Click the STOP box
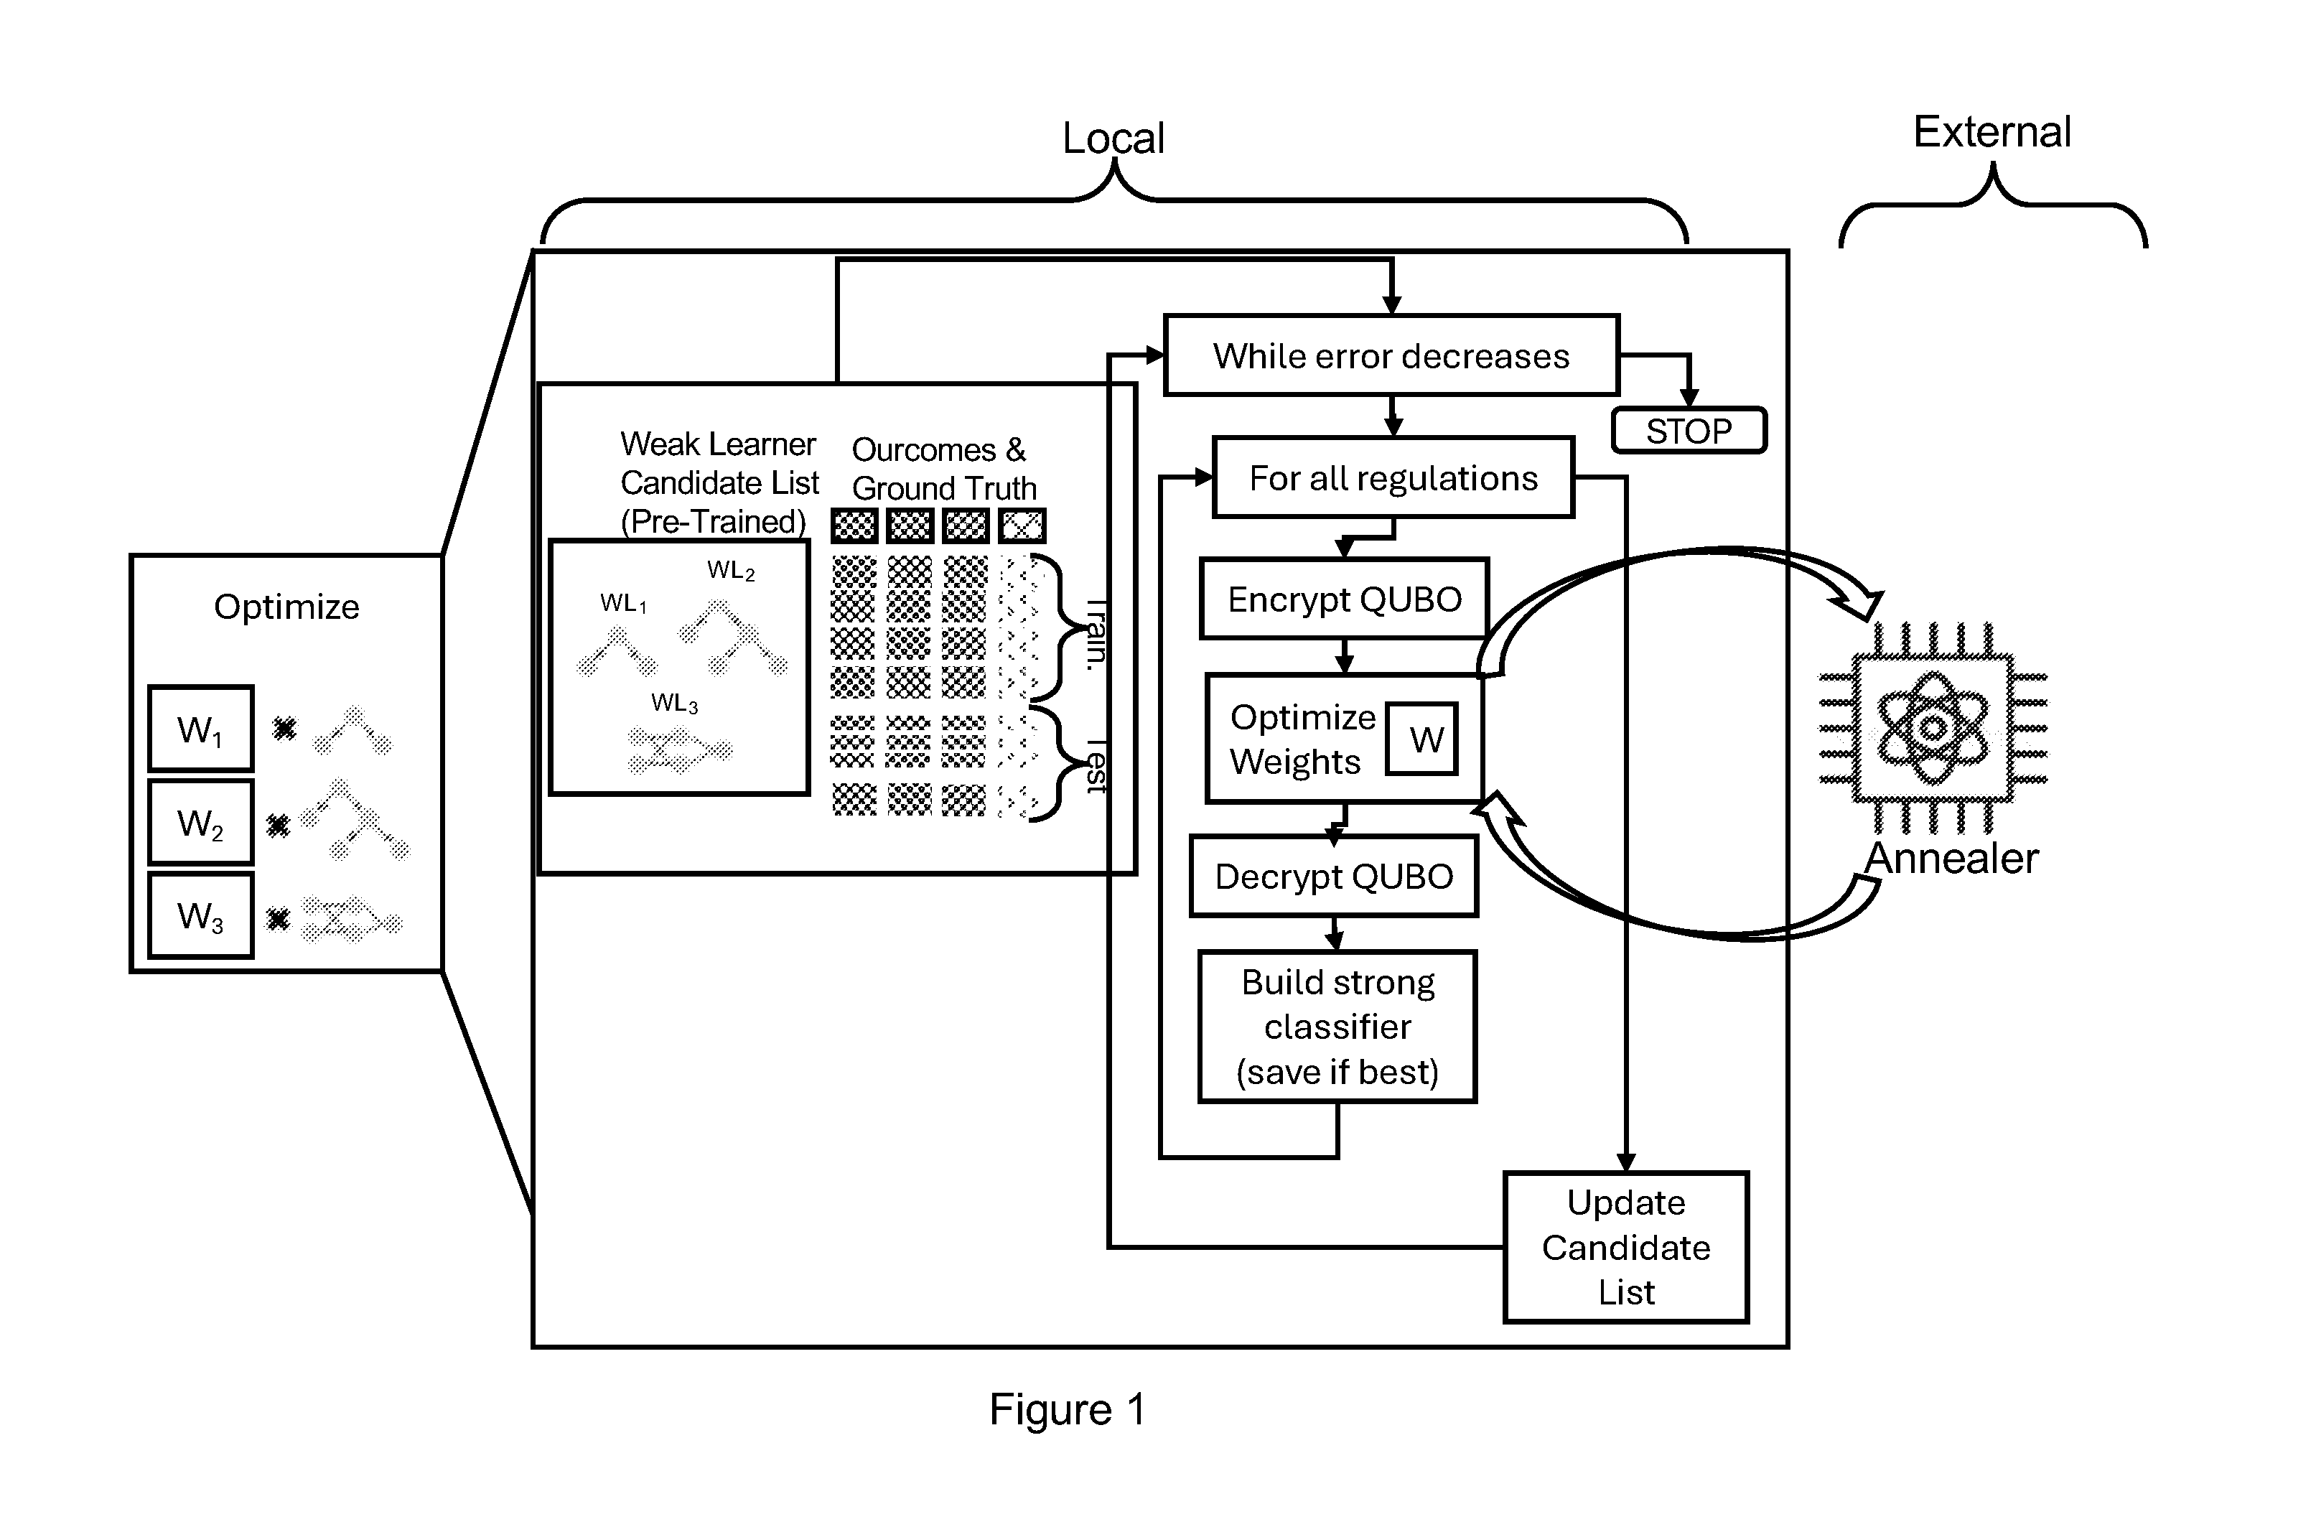[1689, 431]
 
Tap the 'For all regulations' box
[1393, 477]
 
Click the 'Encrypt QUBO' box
[1344, 599]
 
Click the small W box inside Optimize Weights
[1422, 739]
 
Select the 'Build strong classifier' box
[1338, 1027]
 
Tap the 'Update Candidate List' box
[1627, 1248]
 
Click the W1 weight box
[200, 729]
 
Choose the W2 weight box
[200, 822]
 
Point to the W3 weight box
[200, 915]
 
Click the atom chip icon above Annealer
[1933, 729]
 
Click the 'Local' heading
[1113, 139]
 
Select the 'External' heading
[1992, 131]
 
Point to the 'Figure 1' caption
[1068, 1409]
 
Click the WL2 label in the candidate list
[730, 571]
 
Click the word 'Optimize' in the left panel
[286, 607]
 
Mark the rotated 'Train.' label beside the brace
[1098, 634]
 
